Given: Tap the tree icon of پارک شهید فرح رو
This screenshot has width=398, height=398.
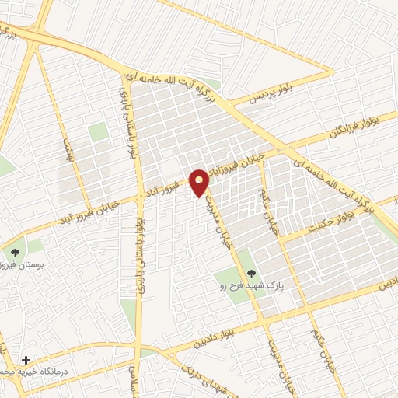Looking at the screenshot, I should tap(251, 273).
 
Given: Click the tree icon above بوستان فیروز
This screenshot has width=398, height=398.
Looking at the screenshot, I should tap(14, 252).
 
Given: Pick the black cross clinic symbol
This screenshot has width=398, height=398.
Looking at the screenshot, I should tap(27, 360).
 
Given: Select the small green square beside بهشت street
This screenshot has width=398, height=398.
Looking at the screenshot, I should tap(97, 132).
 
